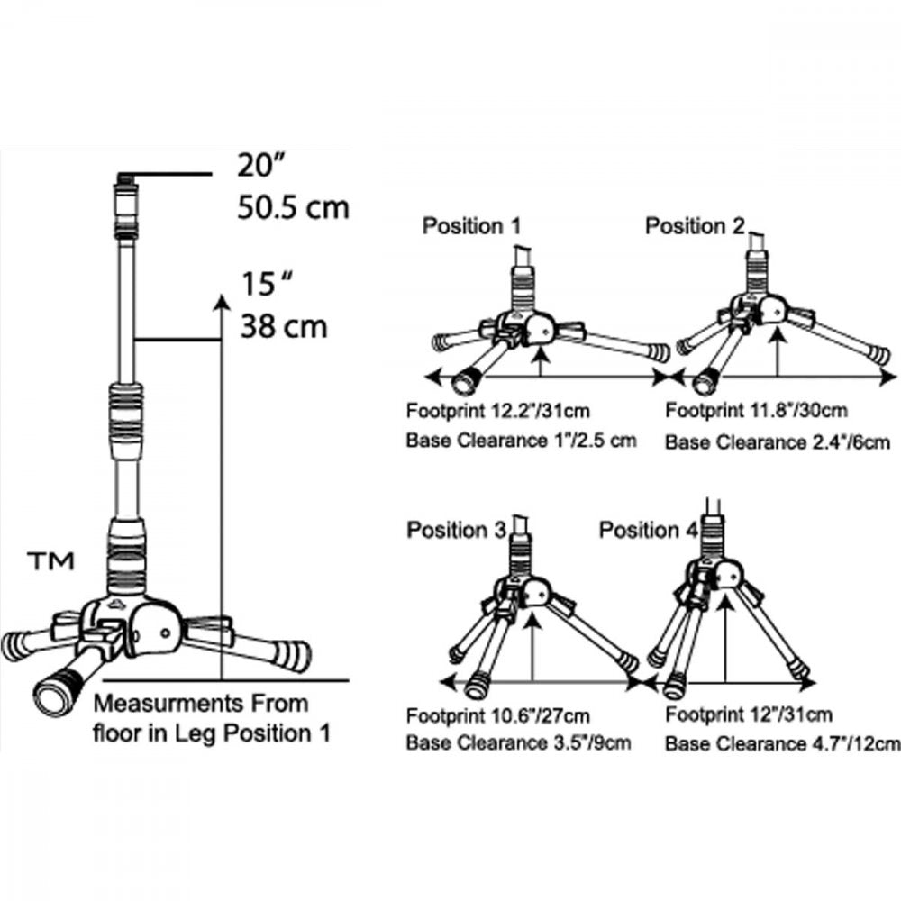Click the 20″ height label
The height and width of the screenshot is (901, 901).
[x=261, y=165]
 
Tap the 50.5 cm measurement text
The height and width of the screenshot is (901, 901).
[x=293, y=207]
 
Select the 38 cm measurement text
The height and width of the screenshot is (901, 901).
[x=284, y=326]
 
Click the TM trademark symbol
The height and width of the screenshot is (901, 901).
[x=50, y=560]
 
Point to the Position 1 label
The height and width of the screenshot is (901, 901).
[x=471, y=226]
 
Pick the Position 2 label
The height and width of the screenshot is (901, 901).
[x=695, y=226]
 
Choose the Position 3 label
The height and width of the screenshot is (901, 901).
[x=456, y=530]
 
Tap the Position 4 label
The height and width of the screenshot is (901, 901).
[x=649, y=530]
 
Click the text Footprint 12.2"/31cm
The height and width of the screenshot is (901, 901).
[x=497, y=411]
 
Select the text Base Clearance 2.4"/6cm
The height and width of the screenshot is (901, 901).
[x=778, y=442]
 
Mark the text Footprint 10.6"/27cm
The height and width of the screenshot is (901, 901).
[x=497, y=716]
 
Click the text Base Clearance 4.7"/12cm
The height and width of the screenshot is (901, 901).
[x=783, y=744]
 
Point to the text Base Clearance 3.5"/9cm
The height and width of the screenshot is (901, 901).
[x=518, y=742]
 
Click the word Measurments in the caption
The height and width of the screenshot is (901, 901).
[x=164, y=704]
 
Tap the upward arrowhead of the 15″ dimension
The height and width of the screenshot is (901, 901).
[x=222, y=302]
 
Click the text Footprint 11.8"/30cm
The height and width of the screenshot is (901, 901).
[x=756, y=411]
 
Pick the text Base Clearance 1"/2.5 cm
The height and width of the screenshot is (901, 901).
[x=521, y=441]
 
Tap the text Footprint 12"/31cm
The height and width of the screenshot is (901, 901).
[x=749, y=714]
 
